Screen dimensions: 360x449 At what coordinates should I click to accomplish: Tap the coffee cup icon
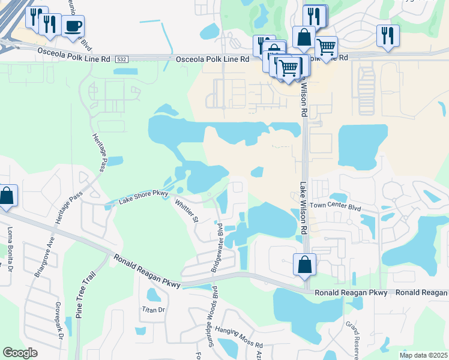point(73,27)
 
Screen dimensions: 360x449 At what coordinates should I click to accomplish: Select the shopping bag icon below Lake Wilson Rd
point(305,265)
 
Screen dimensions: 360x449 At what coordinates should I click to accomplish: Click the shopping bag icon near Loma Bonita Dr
point(7,196)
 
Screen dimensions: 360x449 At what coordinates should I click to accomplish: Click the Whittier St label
point(186,211)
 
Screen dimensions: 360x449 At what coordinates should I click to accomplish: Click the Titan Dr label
point(152,310)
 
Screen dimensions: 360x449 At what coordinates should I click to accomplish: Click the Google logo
point(20,352)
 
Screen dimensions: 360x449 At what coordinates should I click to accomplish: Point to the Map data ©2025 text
point(423,355)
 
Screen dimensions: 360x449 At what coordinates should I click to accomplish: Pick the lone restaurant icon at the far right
point(388,35)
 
